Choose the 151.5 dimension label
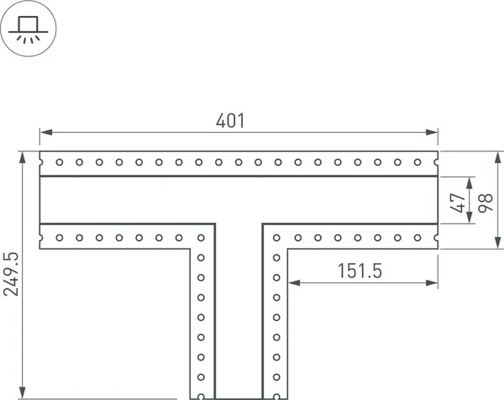point(360,271)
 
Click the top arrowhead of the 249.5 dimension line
point(23,156)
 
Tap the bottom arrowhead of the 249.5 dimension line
point(23,392)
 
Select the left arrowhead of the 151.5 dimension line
point(294,282)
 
